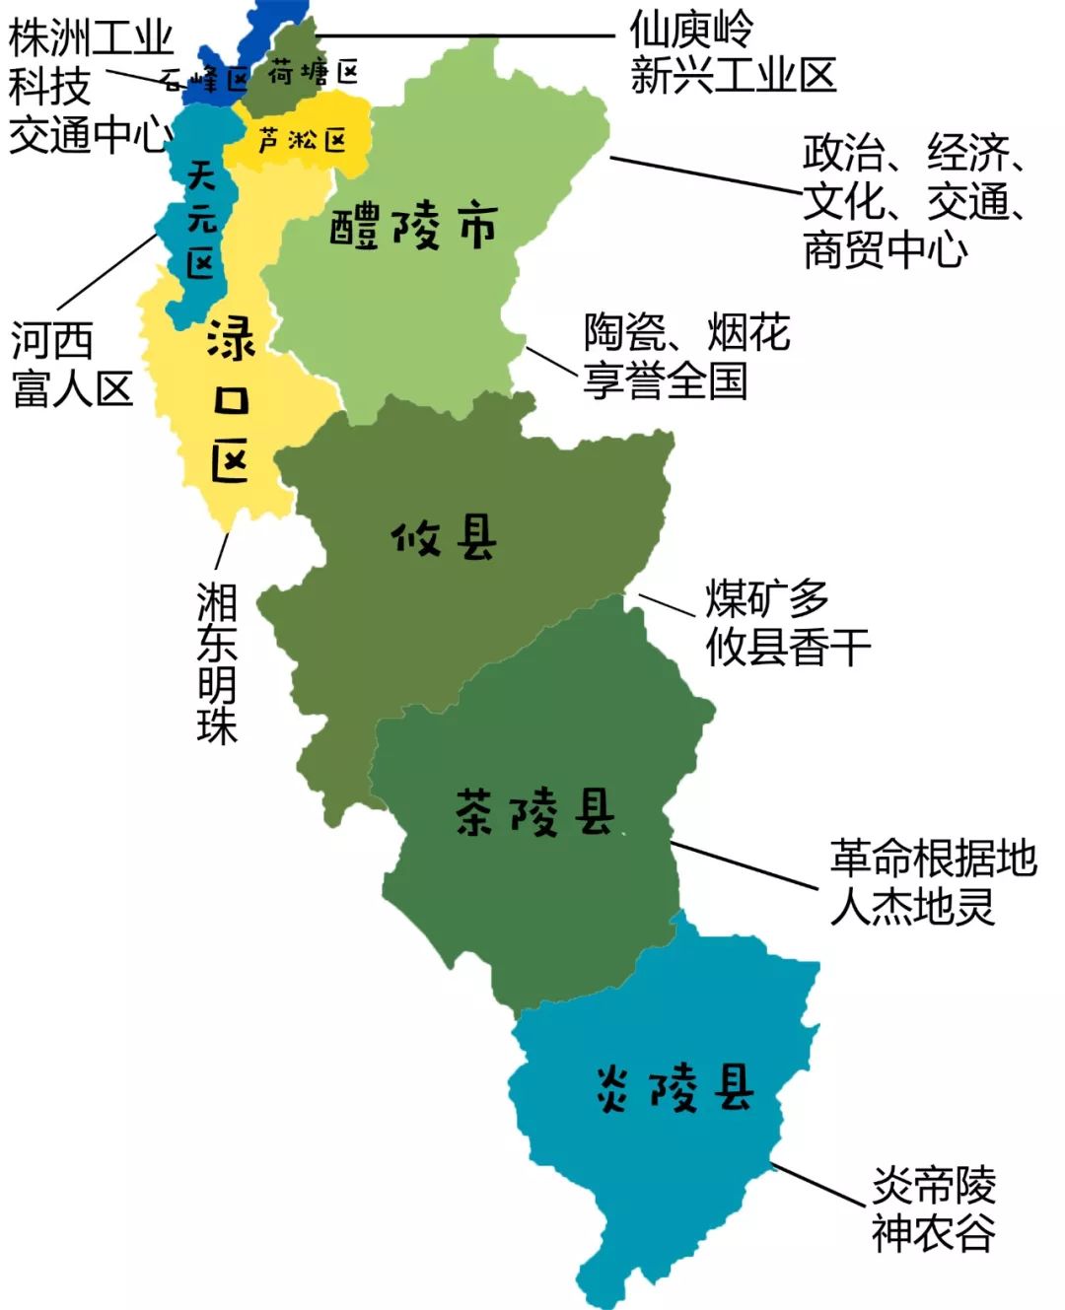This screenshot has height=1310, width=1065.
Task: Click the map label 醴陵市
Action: pos(412,228)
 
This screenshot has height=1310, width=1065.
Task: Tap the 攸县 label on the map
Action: pos(444,539)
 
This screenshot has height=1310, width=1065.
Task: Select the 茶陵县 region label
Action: pos(535,813)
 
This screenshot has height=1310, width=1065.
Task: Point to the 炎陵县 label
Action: pos(675,1088)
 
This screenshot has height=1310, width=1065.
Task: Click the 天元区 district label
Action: pos(201,220)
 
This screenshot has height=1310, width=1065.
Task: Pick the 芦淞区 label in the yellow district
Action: pos(302,141)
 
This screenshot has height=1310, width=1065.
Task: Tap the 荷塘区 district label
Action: pos(313,72)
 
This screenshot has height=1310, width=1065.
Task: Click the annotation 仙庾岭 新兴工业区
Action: pos(732,53)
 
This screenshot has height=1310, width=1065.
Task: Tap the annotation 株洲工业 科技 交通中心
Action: pos(89,87)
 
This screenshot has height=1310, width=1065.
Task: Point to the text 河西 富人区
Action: pos(72,365)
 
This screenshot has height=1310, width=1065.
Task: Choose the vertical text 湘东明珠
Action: pos(217,661)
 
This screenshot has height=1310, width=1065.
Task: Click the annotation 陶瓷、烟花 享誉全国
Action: pos(686,356)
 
